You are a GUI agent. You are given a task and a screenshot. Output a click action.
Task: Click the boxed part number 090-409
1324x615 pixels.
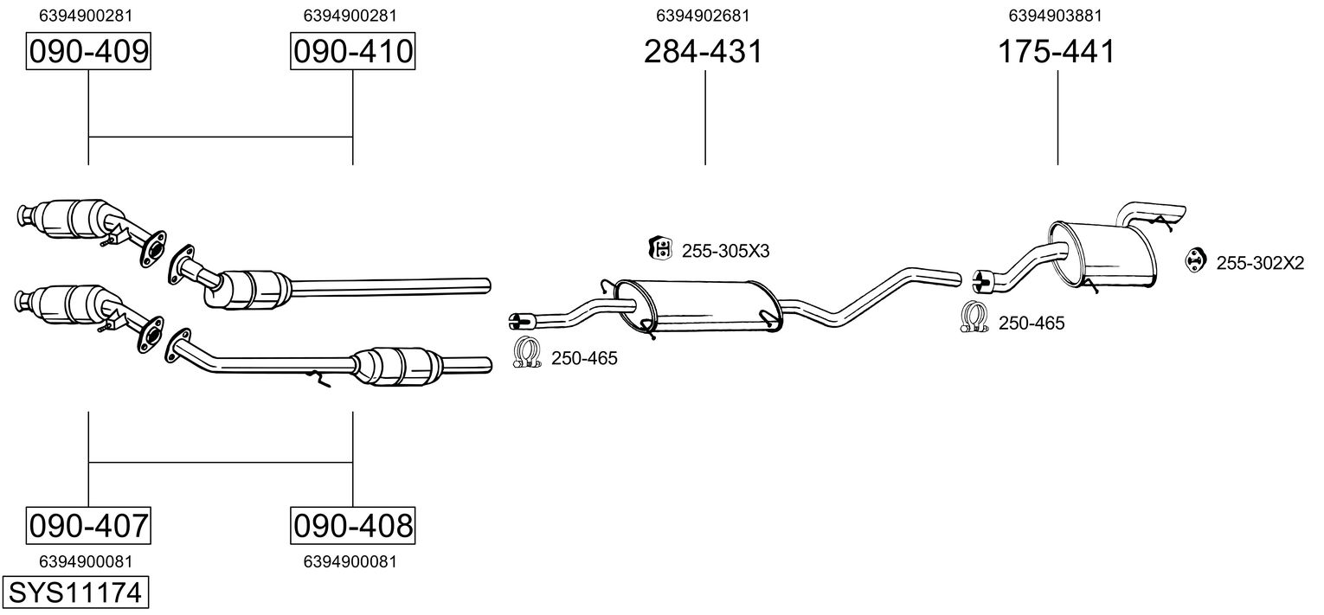pos(88,52)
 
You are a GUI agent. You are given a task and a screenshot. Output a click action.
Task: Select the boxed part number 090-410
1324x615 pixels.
pos(352,52)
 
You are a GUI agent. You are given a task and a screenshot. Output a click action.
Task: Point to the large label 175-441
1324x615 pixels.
pos(1057,52)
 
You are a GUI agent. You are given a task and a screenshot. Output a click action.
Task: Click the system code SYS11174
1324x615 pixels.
pos(74,594)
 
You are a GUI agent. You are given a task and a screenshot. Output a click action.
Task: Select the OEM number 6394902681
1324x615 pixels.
pos(703,15)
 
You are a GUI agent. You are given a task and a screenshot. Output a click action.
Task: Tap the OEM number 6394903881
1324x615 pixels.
pos(1055,15)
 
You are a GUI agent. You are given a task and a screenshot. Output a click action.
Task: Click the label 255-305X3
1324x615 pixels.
pos(725,252)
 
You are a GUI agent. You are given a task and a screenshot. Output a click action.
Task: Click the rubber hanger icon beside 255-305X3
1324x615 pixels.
pos(660,249)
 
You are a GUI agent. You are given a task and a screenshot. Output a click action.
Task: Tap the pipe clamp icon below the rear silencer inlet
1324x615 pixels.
pos(975,317)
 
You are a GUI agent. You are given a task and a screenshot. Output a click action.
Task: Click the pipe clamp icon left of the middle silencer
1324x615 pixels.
pos(526,352)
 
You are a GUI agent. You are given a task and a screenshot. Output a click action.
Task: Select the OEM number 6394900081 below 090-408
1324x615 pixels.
pos(350,561)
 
